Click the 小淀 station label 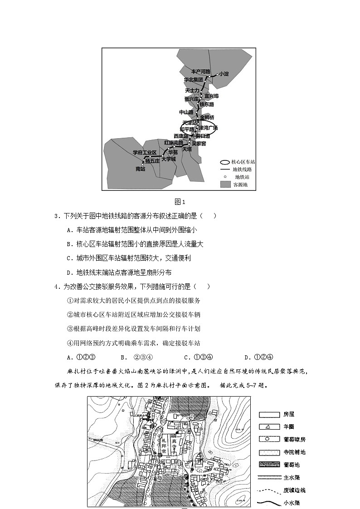(224, 74)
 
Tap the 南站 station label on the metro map (141, 169)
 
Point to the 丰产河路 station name (200, 72)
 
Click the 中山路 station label (186, 112)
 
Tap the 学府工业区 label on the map (144, 153)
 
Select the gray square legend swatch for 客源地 (225, 184)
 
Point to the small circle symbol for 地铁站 (224, 176)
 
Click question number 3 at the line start (56, 216)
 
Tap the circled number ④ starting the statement (70, 343)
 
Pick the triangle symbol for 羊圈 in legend (268, 427)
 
